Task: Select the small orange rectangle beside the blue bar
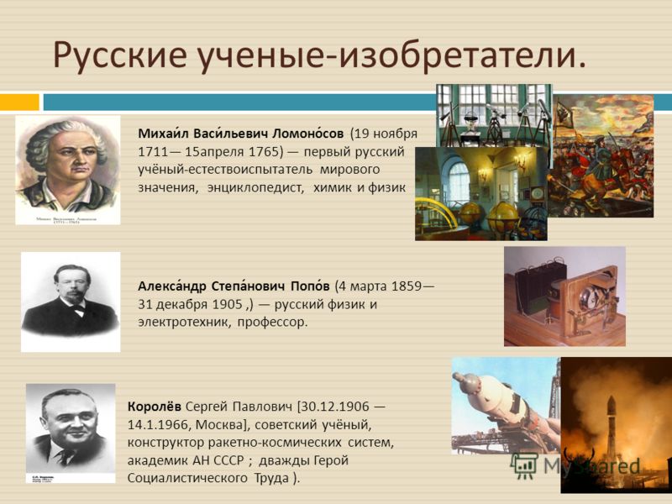pyautogui.click(x=19, y=102)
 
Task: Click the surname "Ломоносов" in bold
pyautogui.click(x=308, y=134)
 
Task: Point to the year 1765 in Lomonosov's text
pyautogui.click(x=264, y=152)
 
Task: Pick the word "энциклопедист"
pyautogui.click(x=255, y=188)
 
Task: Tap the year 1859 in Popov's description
pyautogui.click(x=407, y=286)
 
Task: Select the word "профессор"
pyautogui.click(x=272, y=323)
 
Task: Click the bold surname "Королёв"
pyautogui.click(x=155, y=406)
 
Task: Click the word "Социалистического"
pyautogui.click(x=187, y=478)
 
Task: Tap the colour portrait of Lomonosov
pyautogui.click(x=68, y=170)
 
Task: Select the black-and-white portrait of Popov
pyautogui.click(x=71, y=302)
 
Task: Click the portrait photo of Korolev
pyautogui.click(x=71, y=433)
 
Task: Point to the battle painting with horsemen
pyautogui.click(x=601, y=156)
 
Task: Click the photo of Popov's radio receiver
pyautogui.click(x=564, y=297)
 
